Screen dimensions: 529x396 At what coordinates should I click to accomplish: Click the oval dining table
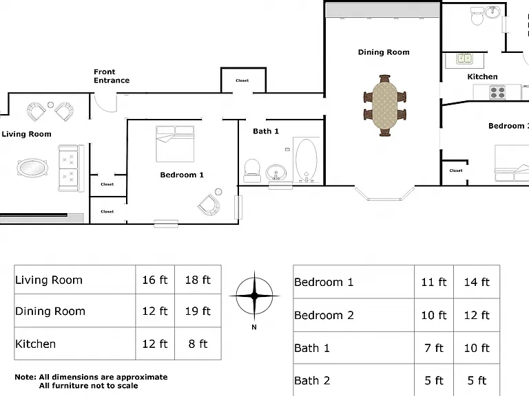384,105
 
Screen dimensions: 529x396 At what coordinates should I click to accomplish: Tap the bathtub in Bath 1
307,160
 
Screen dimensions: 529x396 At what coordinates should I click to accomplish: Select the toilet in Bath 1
251,170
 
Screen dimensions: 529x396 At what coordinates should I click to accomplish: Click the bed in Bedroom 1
175,144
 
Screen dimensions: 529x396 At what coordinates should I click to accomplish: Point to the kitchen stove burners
497,92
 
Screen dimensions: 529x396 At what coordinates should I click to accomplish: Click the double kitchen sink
464,58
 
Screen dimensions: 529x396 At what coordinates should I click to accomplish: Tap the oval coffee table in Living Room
32,167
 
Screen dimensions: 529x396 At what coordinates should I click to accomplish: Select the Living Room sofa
71,168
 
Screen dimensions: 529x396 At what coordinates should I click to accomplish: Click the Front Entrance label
112,76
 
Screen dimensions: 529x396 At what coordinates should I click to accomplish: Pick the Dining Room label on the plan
384,52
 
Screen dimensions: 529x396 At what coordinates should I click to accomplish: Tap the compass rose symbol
254,296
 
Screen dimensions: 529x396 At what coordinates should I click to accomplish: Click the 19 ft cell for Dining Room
198,311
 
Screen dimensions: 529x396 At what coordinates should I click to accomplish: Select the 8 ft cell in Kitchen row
198,344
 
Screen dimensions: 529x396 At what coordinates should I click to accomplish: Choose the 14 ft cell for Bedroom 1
477,282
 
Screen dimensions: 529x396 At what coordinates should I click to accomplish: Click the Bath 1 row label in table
312,348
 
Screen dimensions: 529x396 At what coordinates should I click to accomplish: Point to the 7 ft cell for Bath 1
434,348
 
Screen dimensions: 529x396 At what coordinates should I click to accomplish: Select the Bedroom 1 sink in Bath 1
276,172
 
